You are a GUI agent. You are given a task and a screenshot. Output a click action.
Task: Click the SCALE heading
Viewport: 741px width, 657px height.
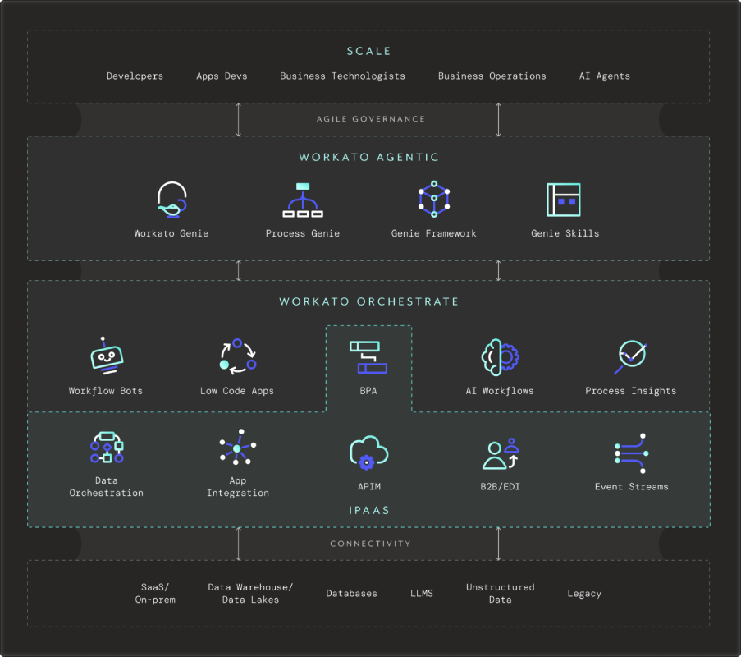point(368,51)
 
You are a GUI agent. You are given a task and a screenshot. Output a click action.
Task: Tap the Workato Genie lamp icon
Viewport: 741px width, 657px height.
point(172,200)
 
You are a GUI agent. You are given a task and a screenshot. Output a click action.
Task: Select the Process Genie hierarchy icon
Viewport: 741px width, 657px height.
point(303,200)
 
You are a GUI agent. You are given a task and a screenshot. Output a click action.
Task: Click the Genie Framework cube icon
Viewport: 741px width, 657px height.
point(434,199)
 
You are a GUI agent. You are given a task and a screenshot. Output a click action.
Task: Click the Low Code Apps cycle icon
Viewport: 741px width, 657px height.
point(238,356)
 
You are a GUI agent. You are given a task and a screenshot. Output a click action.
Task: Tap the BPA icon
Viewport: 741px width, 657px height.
point(368,357)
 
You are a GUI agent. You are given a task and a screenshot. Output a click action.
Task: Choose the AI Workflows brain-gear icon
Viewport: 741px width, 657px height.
point(500,357)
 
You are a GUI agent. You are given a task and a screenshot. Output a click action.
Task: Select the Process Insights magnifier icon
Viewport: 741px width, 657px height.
point(631,357)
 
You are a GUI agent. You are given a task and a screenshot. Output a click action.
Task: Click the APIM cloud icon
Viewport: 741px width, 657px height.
point(368,453)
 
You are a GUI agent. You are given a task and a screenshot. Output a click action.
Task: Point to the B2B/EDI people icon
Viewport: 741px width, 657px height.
point(501,453)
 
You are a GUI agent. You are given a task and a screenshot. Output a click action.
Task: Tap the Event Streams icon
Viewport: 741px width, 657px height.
point(632,453)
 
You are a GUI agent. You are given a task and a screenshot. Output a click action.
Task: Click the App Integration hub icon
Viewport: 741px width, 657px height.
point(238,447)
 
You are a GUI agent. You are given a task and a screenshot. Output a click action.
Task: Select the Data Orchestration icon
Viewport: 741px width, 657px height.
point(107,447)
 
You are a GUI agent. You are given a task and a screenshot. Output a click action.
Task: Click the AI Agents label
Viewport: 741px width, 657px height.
point(605,76)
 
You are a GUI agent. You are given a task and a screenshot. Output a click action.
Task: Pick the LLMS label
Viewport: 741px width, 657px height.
point(422,593)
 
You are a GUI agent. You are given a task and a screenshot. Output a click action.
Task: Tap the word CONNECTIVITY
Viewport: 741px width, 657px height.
point(371,544)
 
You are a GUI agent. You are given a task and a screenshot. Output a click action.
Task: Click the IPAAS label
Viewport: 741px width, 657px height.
point(369,510)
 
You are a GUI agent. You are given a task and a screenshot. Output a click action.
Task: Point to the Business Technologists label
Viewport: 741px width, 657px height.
point(343,76)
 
